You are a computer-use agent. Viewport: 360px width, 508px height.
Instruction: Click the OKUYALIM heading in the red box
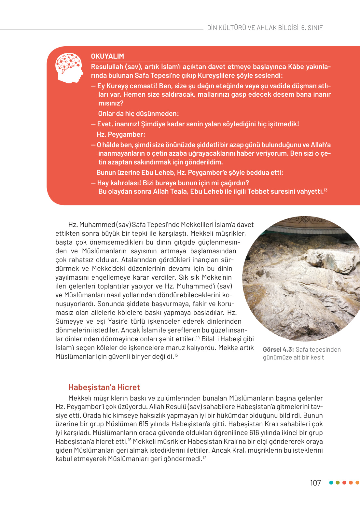(x=107, y=56)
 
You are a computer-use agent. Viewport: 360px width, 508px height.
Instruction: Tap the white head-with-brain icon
(x=69, y=68)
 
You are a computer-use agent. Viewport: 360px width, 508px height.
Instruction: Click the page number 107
(x=315, y=483)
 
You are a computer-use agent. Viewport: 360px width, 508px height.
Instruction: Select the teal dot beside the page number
(x=331, y=483)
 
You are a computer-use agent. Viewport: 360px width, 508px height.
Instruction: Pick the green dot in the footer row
(x=338, y=483)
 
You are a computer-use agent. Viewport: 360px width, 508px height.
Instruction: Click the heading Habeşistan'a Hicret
(x=104, y=387)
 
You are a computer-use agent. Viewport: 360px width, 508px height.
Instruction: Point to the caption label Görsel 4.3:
(x=278, y=349)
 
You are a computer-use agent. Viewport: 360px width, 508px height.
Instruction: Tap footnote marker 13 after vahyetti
(x=325, y=190)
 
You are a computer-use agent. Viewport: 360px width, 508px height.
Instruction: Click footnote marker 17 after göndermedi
(x=204, y=458)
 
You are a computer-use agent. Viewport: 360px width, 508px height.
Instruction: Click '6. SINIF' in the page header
(x=312, y=28)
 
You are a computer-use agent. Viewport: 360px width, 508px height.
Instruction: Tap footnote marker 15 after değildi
(x=176, y=355)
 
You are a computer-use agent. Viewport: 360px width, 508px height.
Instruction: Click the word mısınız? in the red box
(x=111, y=103)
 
